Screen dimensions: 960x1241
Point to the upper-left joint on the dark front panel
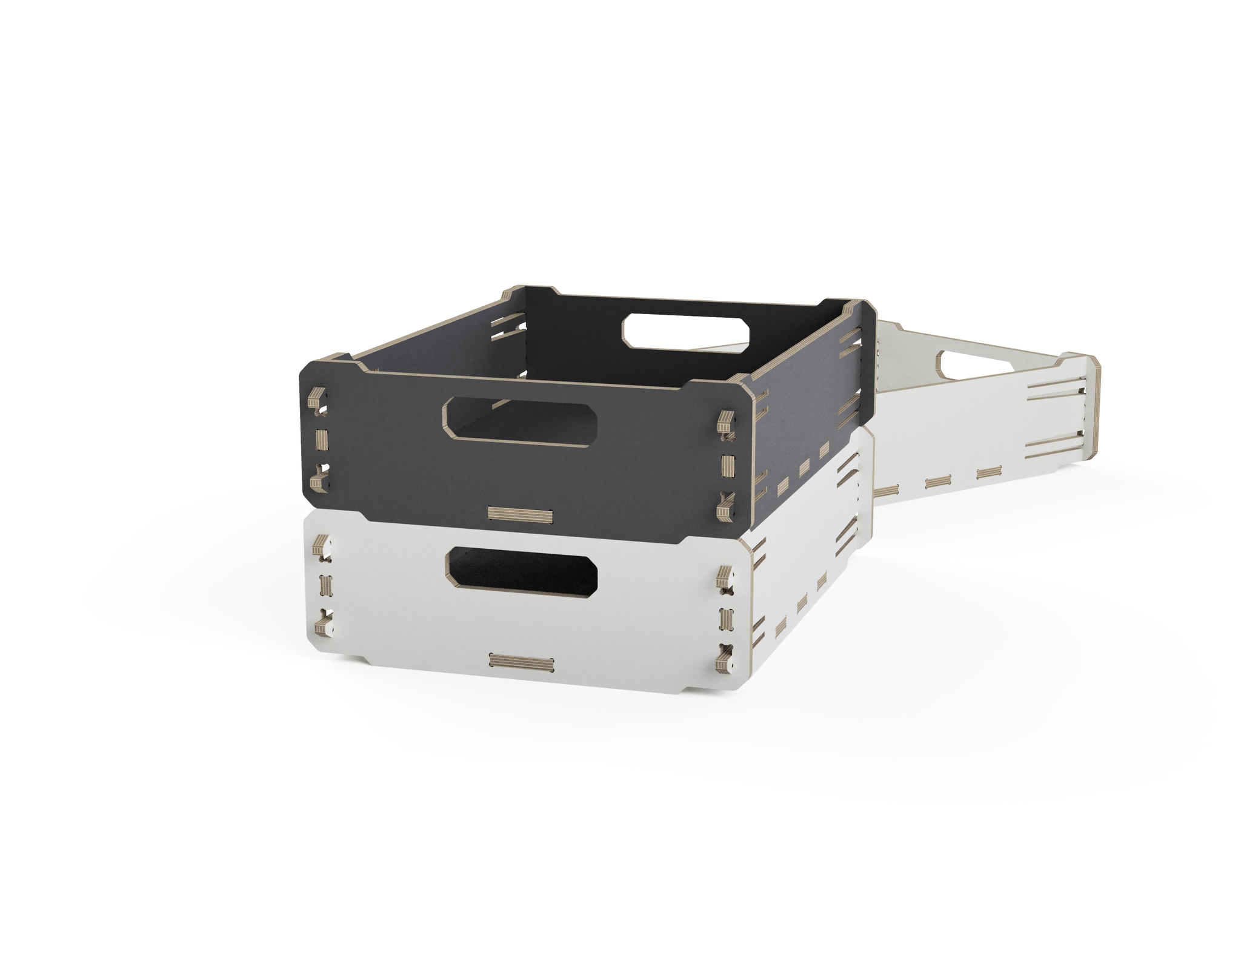[318, 400]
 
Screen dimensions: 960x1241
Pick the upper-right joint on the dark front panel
[726, 423]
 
